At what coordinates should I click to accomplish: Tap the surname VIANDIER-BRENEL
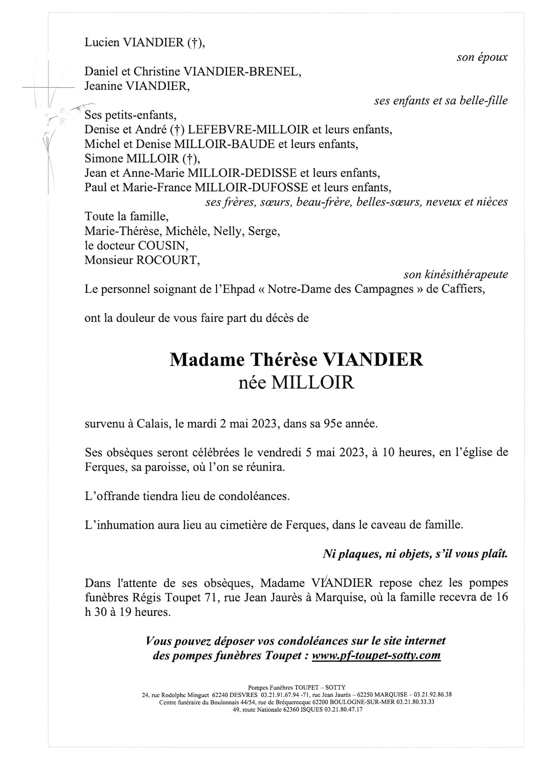pyautogui.click(x=242, y=72)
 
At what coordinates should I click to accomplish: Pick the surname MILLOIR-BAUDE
pyautogui.click(x=224, y=144)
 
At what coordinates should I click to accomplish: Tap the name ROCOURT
pyautogui.click(x=168, y=260)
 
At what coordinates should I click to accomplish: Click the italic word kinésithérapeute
pyautogui.click(x=466, y=274)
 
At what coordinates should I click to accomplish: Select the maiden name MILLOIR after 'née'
pyautogui.click(x=313, y=383)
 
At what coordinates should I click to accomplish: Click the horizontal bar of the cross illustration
pyautogui.click(x=48, y=87)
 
